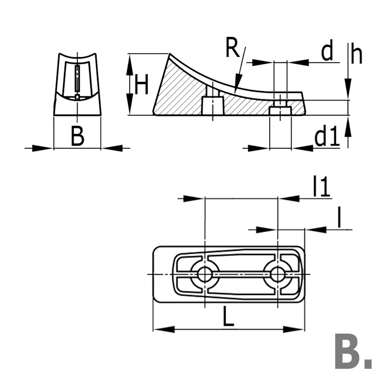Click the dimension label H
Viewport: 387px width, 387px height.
pyautogui.click(x=141, y=85)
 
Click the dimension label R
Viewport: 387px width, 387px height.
pyautogui.click(x=232, y=48)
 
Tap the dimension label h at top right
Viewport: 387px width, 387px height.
pyautogui.click(x=357, y=55)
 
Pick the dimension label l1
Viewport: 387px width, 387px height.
pyautogui.click(x=322, y=187)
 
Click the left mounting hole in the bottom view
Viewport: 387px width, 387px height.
pyautogui.click(x=204, y=274)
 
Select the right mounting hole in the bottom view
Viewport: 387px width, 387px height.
pyautogui.click(x=277, y=274)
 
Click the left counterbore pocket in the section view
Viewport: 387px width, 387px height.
pyautogui.click(x=213, y=105)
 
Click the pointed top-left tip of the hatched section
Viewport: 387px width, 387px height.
pyautogui.click(x=169, y=55)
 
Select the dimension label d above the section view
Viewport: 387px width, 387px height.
pyautogui.click(x=327, y=52)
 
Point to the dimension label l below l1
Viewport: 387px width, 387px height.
pyautogui.click(x=339, y=219)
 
